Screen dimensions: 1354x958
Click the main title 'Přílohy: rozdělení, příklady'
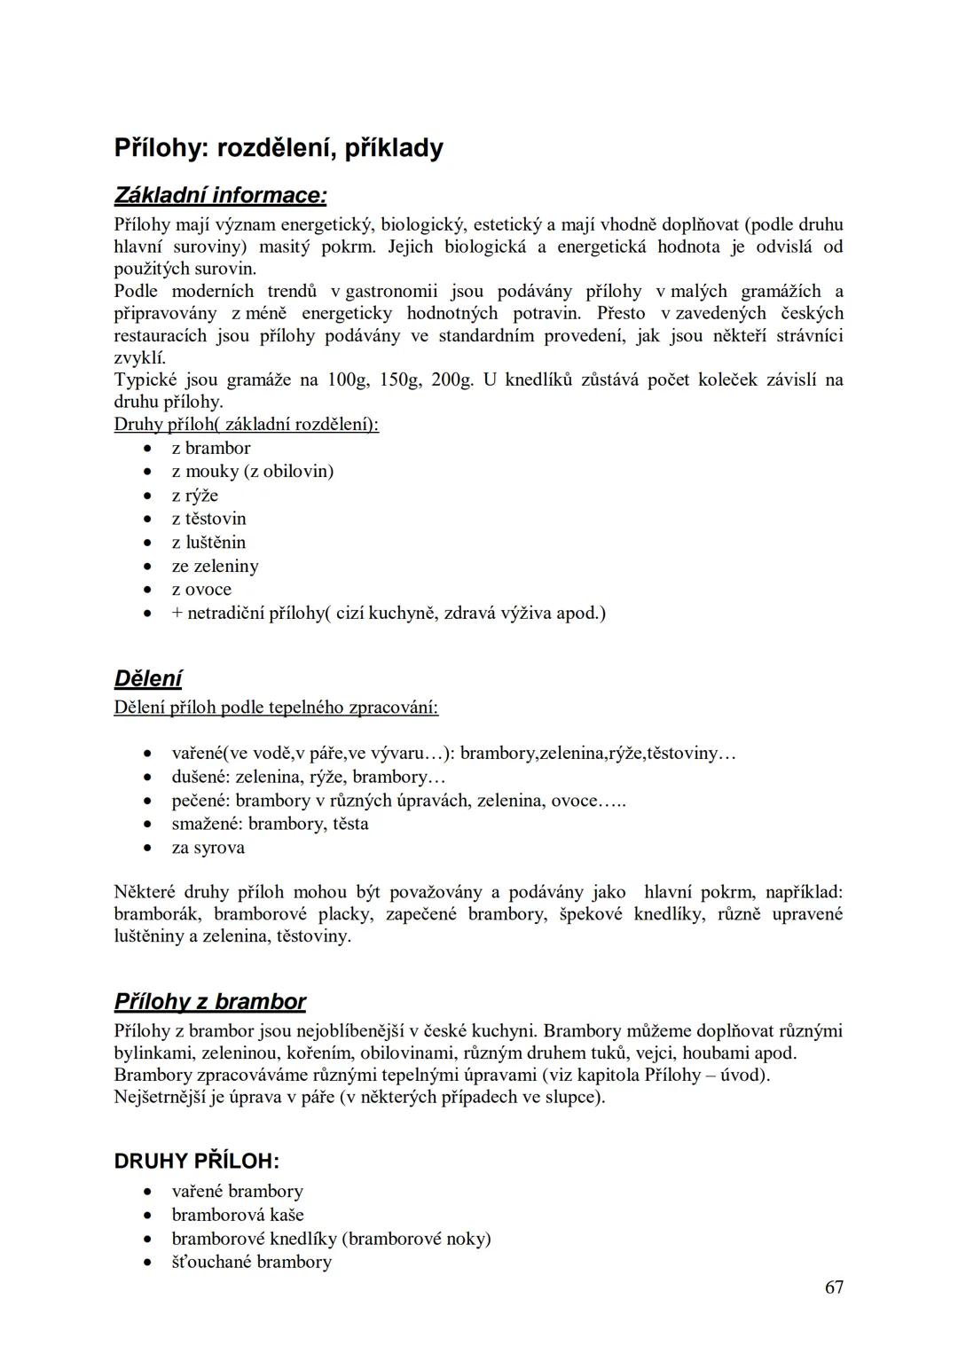tap(279, 148)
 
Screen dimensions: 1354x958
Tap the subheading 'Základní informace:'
tap(220, 195)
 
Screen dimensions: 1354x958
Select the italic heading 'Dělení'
tap(147, 679)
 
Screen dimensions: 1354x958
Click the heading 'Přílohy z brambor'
tap(209, 1002)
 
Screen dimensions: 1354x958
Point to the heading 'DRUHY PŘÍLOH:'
tap(196, 1161)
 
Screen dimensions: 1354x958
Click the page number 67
tap(834, 1287)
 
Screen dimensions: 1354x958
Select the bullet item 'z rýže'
tap(194, 496)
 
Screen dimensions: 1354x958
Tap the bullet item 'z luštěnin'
tap(208, 543)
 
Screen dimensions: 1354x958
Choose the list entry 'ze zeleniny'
tap(215, 566)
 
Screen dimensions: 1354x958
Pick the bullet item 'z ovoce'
tap(201, 590)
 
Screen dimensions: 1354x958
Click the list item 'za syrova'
tap(208, 848)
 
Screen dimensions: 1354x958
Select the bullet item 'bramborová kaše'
tap(237, 1215)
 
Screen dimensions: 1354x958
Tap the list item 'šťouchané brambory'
tap(251, 1262)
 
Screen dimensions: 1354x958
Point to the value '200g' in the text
tap(452, 380)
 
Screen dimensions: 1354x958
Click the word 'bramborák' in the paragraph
tap(159, 914)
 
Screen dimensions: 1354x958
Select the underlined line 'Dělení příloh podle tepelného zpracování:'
tap(276, 708)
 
